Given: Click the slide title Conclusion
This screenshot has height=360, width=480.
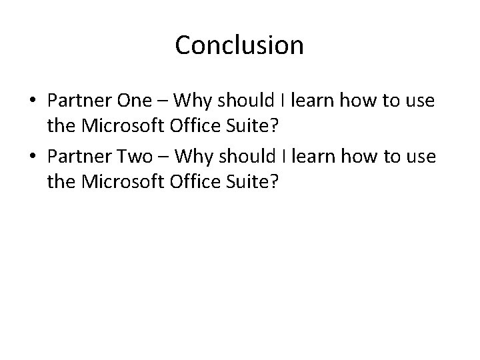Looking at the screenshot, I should click(x=239, y=45).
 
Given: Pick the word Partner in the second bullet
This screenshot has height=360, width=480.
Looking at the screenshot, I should click(x=79, y=157).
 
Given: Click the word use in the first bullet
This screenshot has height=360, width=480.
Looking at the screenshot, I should click(x=421, y=102).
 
